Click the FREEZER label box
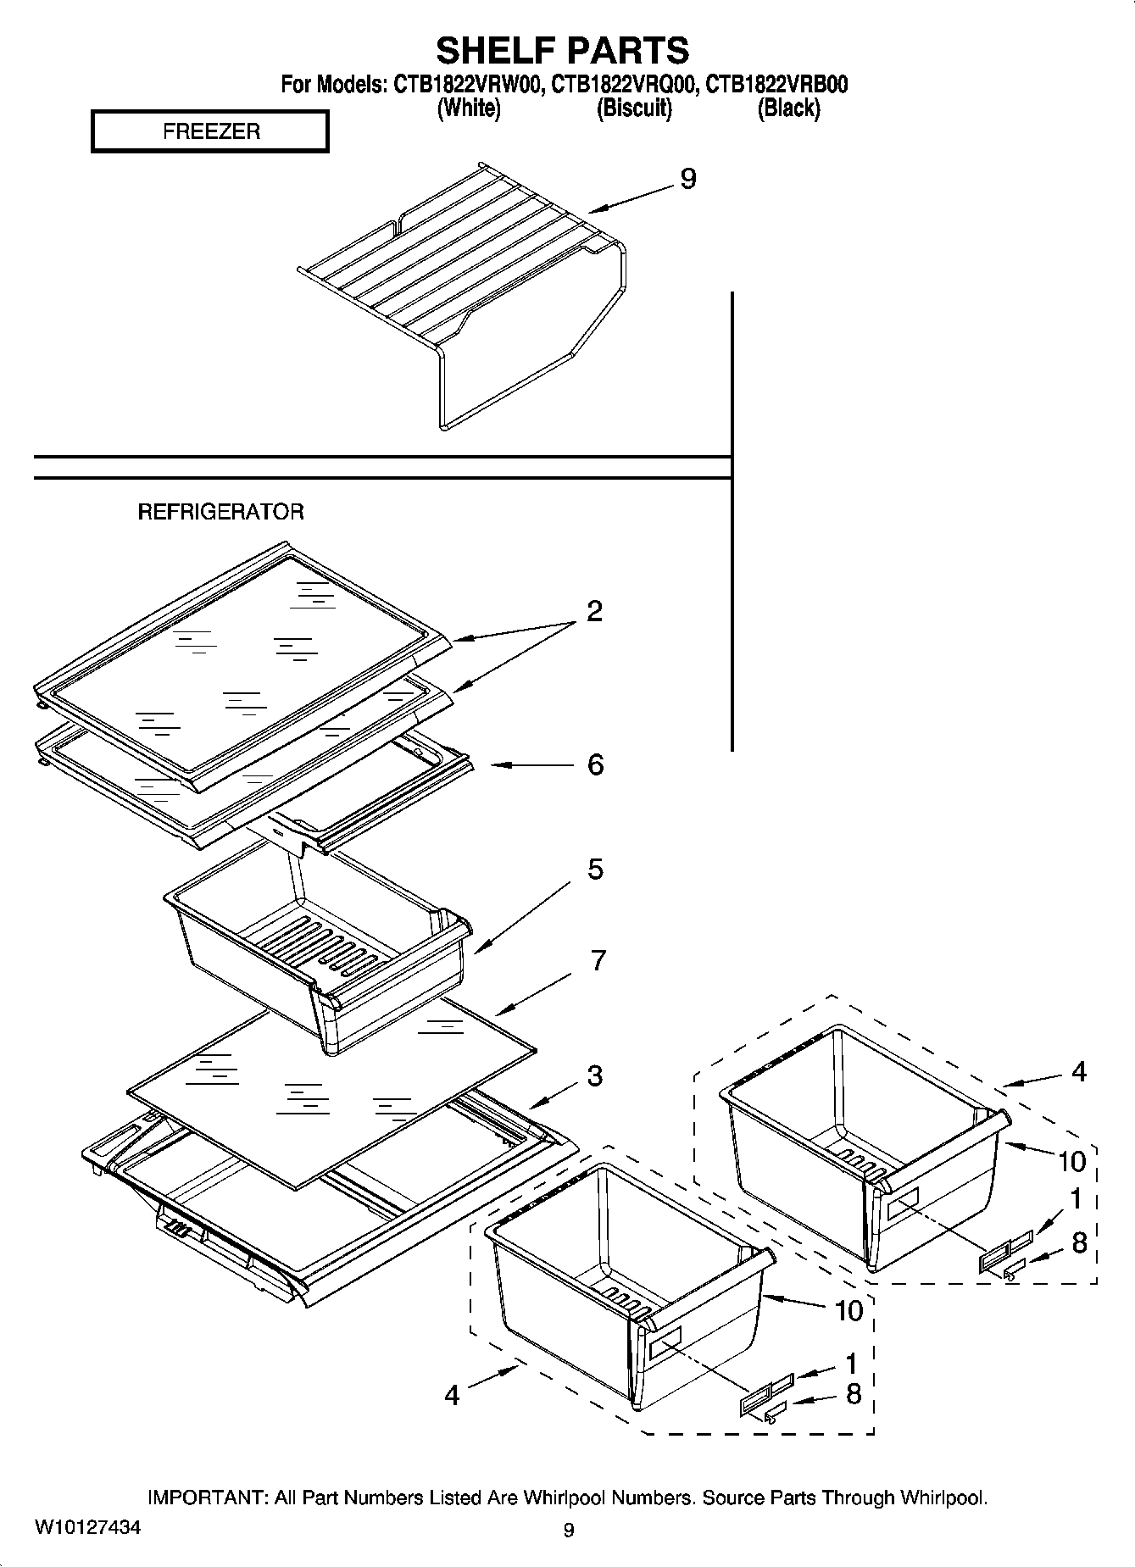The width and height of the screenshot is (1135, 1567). pos(210,132)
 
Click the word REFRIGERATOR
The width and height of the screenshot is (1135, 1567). pos(220,512)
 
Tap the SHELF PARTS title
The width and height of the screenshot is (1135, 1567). pos(562,51)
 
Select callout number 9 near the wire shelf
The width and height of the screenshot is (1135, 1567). pos(687,180)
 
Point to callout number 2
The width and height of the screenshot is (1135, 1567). pos(594,611)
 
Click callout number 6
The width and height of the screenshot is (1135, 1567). pos(595,764)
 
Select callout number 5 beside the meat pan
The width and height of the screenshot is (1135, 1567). pos(595,869)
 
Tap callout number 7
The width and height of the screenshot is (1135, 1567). pos(598,961)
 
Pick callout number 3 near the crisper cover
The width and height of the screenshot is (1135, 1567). pos(595,1075)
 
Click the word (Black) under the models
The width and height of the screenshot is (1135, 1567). pos(788,108)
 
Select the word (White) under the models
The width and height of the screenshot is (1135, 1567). pos(469,108)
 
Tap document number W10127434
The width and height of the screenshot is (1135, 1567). pos(87,1528)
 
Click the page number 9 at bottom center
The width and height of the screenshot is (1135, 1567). pos(568,1530)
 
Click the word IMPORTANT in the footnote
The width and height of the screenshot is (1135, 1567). pos(207,1498)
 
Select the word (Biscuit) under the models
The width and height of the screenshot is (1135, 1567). pos(634,108)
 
